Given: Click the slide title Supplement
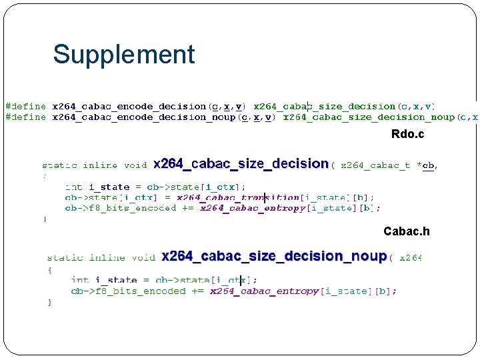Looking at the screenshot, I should tap(124, 55).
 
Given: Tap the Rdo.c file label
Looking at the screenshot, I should tap(407, 135).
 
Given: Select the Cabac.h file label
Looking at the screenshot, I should tap(406, 231).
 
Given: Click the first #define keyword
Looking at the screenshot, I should tap(26, 106).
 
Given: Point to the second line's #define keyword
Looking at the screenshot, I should tap(26, 117).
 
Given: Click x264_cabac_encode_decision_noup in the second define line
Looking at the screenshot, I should tap(143, 117).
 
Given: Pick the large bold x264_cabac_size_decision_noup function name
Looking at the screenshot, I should tap(274, 257).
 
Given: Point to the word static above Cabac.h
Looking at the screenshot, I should tap(59, 165).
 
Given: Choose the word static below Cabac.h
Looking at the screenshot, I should tap(65, 257).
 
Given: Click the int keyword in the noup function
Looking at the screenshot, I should tap(79, 280).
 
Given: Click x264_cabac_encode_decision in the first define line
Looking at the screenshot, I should tap(129, 106).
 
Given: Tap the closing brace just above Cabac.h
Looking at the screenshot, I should tap(45, 218).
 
